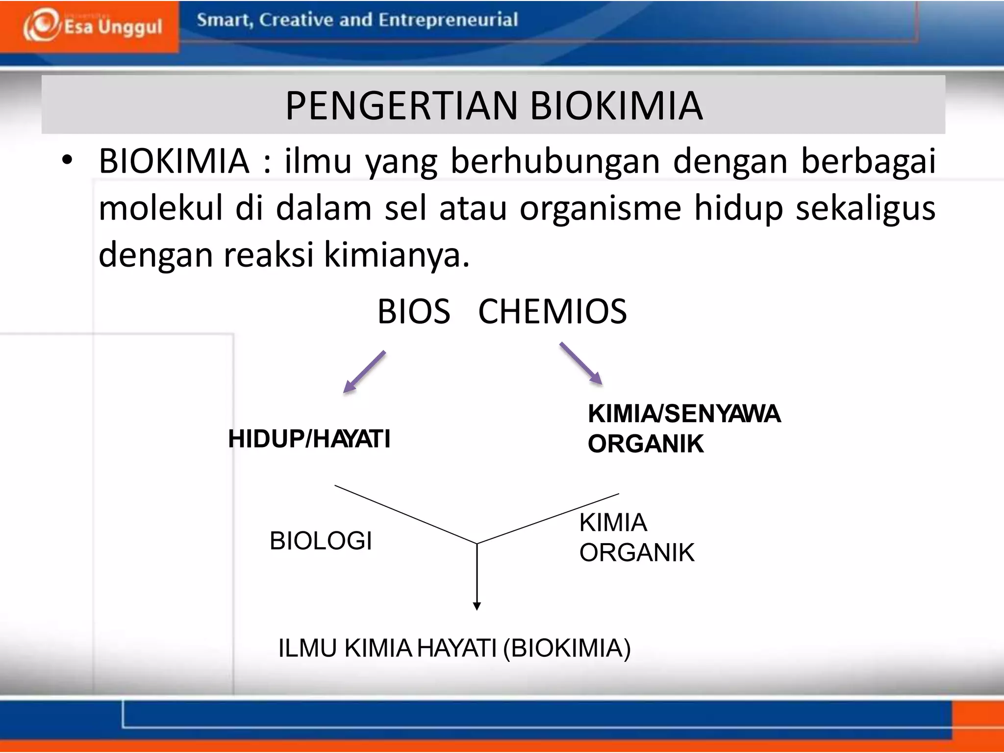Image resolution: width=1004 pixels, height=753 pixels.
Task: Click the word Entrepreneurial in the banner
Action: point(448,20)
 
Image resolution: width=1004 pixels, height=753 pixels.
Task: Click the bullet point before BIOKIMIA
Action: point(67,160)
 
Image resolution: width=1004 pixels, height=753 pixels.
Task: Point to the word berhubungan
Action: point(555,161)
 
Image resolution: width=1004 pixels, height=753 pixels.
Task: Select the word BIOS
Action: point(413,312)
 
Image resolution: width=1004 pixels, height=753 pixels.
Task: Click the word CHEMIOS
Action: point(552,312)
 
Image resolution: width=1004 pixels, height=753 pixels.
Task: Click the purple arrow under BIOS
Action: point(364,372)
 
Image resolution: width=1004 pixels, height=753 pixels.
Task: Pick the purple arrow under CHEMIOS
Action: point(581,364)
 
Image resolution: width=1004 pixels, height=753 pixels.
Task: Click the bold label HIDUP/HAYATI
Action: point(309,438)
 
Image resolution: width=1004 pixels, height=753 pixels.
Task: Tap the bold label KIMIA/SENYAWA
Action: point(683,414)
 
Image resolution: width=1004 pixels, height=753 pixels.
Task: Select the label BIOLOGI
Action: point(321,541)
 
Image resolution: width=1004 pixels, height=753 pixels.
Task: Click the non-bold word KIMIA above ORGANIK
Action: point(613,523)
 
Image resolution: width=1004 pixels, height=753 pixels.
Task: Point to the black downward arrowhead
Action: point(477,606)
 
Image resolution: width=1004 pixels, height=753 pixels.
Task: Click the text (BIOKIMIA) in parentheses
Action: point(567,648)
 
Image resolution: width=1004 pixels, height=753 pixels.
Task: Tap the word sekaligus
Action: point(865,208)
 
